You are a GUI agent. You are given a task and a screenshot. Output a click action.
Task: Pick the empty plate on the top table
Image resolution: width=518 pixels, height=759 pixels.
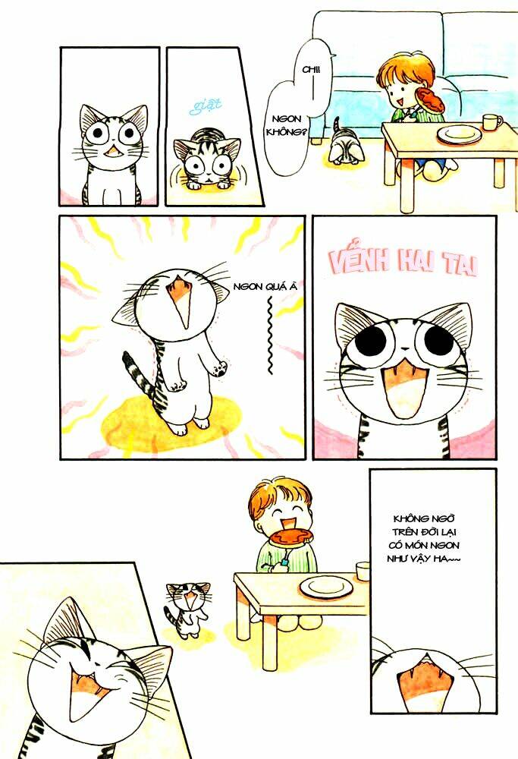(460, 134)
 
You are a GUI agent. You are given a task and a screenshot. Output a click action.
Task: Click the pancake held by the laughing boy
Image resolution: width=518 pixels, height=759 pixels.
(289, 536)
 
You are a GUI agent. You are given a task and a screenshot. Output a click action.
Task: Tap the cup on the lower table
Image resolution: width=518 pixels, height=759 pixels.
(362, 570)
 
